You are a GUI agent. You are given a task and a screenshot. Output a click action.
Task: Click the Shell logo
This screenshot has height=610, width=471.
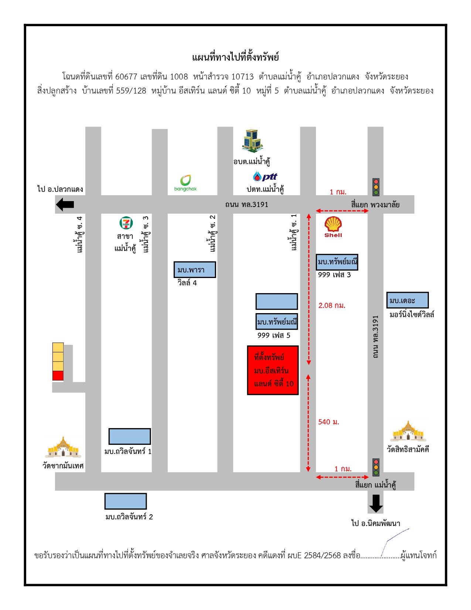pyautogui.click(x=333, y=227)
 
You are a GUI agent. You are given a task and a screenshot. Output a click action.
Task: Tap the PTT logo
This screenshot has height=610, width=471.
pyautogui.click(x=265, y=176)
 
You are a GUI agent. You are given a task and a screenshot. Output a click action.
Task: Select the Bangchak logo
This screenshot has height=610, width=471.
pyautogui.click(x=185, y=183)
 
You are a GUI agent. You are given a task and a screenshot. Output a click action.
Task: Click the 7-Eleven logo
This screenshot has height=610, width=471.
pyautogui.click(x=126, y=223)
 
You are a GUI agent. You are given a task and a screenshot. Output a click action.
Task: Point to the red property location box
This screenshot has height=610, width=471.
pyautogui.click(x=273, y=370)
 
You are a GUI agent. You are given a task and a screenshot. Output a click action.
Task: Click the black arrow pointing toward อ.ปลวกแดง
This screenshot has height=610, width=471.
pyautogui.click(x=65, y=204)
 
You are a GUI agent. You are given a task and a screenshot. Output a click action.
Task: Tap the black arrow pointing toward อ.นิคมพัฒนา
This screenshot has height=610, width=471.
pyautogui.click(x=376, y=504)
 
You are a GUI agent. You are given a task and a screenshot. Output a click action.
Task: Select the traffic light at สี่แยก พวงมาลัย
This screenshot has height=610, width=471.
pyautogui.click(x=376, y=187)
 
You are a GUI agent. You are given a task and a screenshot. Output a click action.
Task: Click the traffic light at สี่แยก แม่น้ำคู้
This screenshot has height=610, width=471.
pyautogui.click(x=376, y=467)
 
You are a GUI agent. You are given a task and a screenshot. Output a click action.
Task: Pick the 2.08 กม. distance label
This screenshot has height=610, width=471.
pyautogui.click(x=332, y=305)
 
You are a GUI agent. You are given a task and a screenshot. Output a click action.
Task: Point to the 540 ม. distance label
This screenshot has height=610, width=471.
pyautogui.click(x=328, y=422)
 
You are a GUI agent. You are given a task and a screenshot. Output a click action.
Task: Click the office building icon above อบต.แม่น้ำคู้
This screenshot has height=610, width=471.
pyautogui.click(x=252, y=141)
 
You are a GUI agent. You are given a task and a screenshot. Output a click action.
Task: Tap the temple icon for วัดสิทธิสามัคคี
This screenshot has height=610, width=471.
pyautogui.click(x=408, y=431)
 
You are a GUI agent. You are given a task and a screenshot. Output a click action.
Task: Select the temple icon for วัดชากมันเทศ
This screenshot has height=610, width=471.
pyautogui.click(x=63, y=447)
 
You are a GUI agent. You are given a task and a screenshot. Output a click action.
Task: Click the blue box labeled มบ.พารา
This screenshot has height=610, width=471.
pyautogui.click(x=195, y=270)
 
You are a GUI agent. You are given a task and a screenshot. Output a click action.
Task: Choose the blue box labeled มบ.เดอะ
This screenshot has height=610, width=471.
pyautogui.click(x=407, y=300)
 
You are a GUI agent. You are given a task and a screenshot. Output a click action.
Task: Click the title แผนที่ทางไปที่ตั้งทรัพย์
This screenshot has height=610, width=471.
pyautogui.click(x=235, y=57)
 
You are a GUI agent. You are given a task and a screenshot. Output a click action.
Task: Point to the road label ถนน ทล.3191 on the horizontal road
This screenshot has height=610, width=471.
pyautogui.click(x=246, y=204)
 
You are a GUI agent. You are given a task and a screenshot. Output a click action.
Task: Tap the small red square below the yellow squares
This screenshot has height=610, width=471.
pyautogui.click(x=58, y=376)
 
